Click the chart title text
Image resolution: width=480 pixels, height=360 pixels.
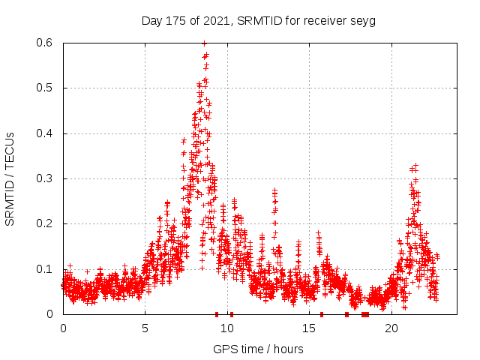coord(259,21)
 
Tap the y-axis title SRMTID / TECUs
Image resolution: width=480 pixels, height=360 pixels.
coord(10,178)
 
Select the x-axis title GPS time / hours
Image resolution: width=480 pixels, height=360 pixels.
coord(258,349)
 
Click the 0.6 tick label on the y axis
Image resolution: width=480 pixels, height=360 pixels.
coord(46,43)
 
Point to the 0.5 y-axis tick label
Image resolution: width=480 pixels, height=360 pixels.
coord(46,88)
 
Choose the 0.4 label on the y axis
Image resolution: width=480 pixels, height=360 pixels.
coord(46,133)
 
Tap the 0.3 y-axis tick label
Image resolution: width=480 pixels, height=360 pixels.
coord(46,178)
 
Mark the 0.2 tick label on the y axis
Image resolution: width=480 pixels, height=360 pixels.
coord(46,223)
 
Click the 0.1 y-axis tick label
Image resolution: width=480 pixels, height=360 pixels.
coord(46,269)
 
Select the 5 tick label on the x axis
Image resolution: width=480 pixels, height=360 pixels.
coord(145,328)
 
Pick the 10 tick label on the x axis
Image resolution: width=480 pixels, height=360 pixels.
coord(227,328)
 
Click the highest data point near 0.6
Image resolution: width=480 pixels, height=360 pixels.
coord(204,43)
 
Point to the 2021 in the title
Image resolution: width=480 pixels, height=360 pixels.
coord(220,21)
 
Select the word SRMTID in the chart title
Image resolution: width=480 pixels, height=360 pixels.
coord(259,21)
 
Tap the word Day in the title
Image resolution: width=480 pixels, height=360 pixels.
coord(152,21)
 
